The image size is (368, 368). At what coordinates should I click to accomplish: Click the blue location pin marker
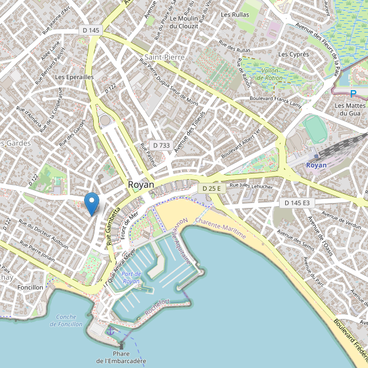91,202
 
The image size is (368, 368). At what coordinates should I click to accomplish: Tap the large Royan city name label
141,185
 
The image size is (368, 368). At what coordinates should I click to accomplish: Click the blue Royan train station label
316,166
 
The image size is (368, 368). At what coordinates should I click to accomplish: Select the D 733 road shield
161,145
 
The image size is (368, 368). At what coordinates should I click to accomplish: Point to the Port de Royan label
131,277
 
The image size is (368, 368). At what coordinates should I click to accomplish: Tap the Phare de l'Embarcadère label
121,358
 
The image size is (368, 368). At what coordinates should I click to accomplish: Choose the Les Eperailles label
74,77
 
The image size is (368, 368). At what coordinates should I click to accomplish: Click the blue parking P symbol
353,94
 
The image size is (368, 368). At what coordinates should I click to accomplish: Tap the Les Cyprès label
293,55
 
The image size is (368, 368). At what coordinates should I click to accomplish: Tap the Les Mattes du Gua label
348,109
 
